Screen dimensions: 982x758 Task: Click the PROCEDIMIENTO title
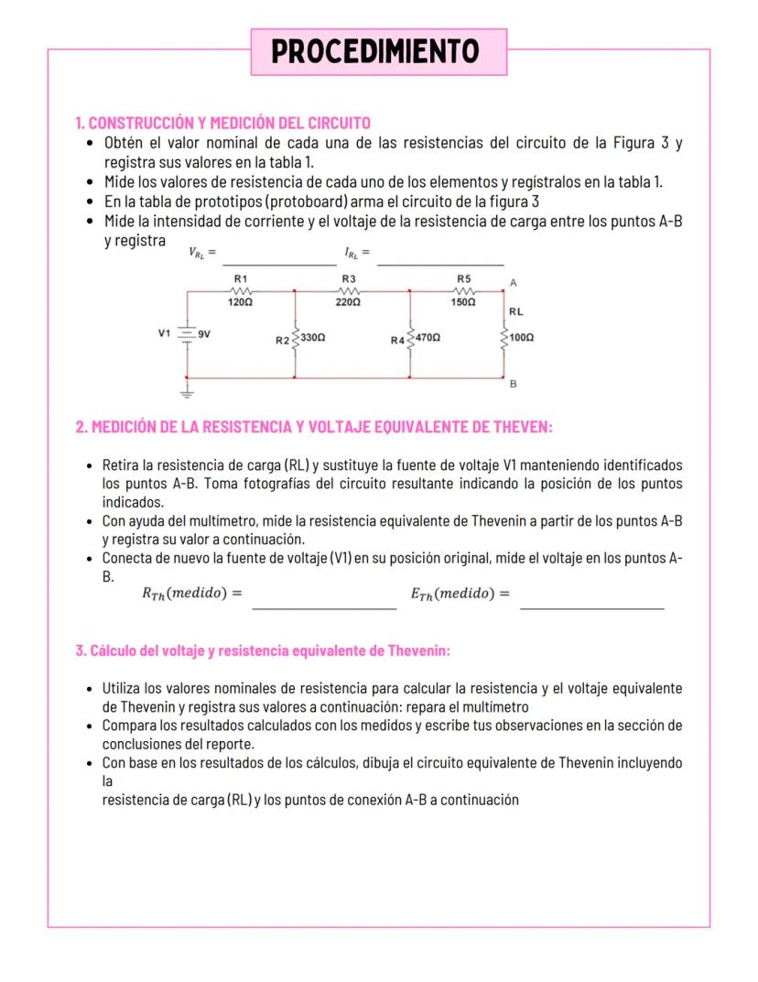pyautogui.click(x=376, y=51)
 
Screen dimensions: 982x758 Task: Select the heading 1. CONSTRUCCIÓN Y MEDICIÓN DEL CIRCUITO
pyautogui.click(x=222, y=123)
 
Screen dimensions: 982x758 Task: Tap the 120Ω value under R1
pyautogui.click(x=240, y=300)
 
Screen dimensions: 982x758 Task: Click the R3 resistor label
pyautogui.click(x=349, y=278)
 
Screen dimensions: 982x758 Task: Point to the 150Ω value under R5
pyautogui.click(x=463, y=300)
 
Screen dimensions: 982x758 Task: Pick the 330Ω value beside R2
pyautogui.click(x=314, y=338)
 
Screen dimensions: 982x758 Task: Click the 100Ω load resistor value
pyautogui.click(x=522, y=338)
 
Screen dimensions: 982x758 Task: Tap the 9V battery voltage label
pyautogui.click(x=206, y=333)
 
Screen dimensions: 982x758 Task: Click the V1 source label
pyautogui.click(x=164, y=333)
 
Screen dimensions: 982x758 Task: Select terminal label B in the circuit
pyautogui.click(x=514, y=385)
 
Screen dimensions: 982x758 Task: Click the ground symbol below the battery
pyautogui.click(x=187, y=393)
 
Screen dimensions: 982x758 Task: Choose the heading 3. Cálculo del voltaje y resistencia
pyautogui.click(x=262, y=651)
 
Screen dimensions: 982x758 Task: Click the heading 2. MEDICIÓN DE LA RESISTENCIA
pyautogui.click(x=314, y=427)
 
